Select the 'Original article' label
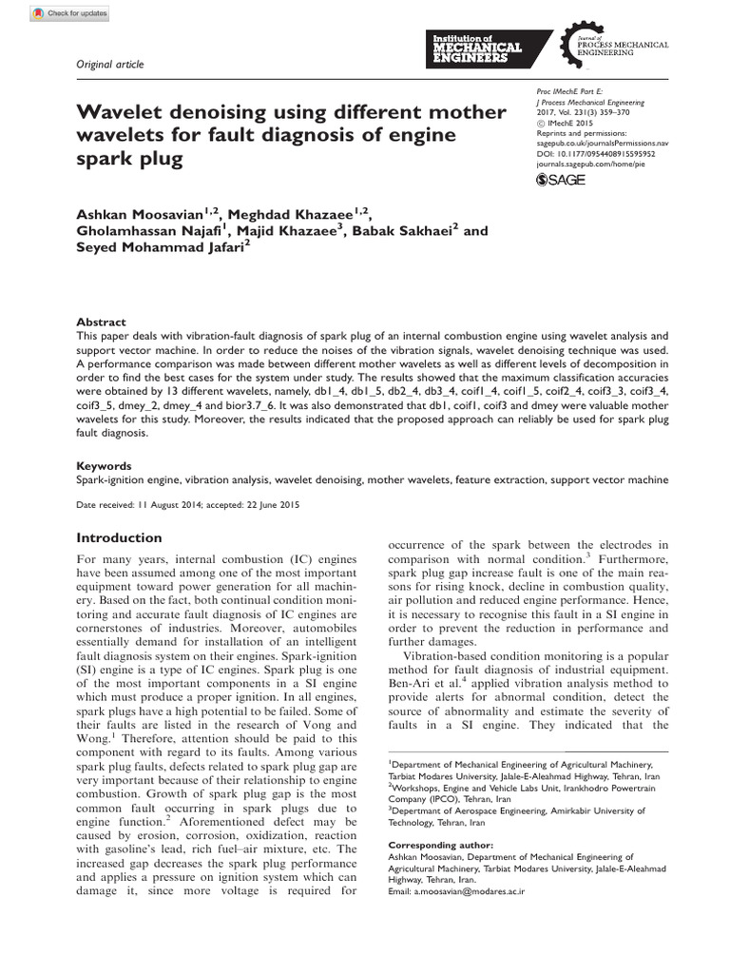coord(110,64)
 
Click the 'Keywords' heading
coord(104,467)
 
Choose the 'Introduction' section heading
coord(119,537)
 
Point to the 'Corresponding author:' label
coord(441,845)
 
